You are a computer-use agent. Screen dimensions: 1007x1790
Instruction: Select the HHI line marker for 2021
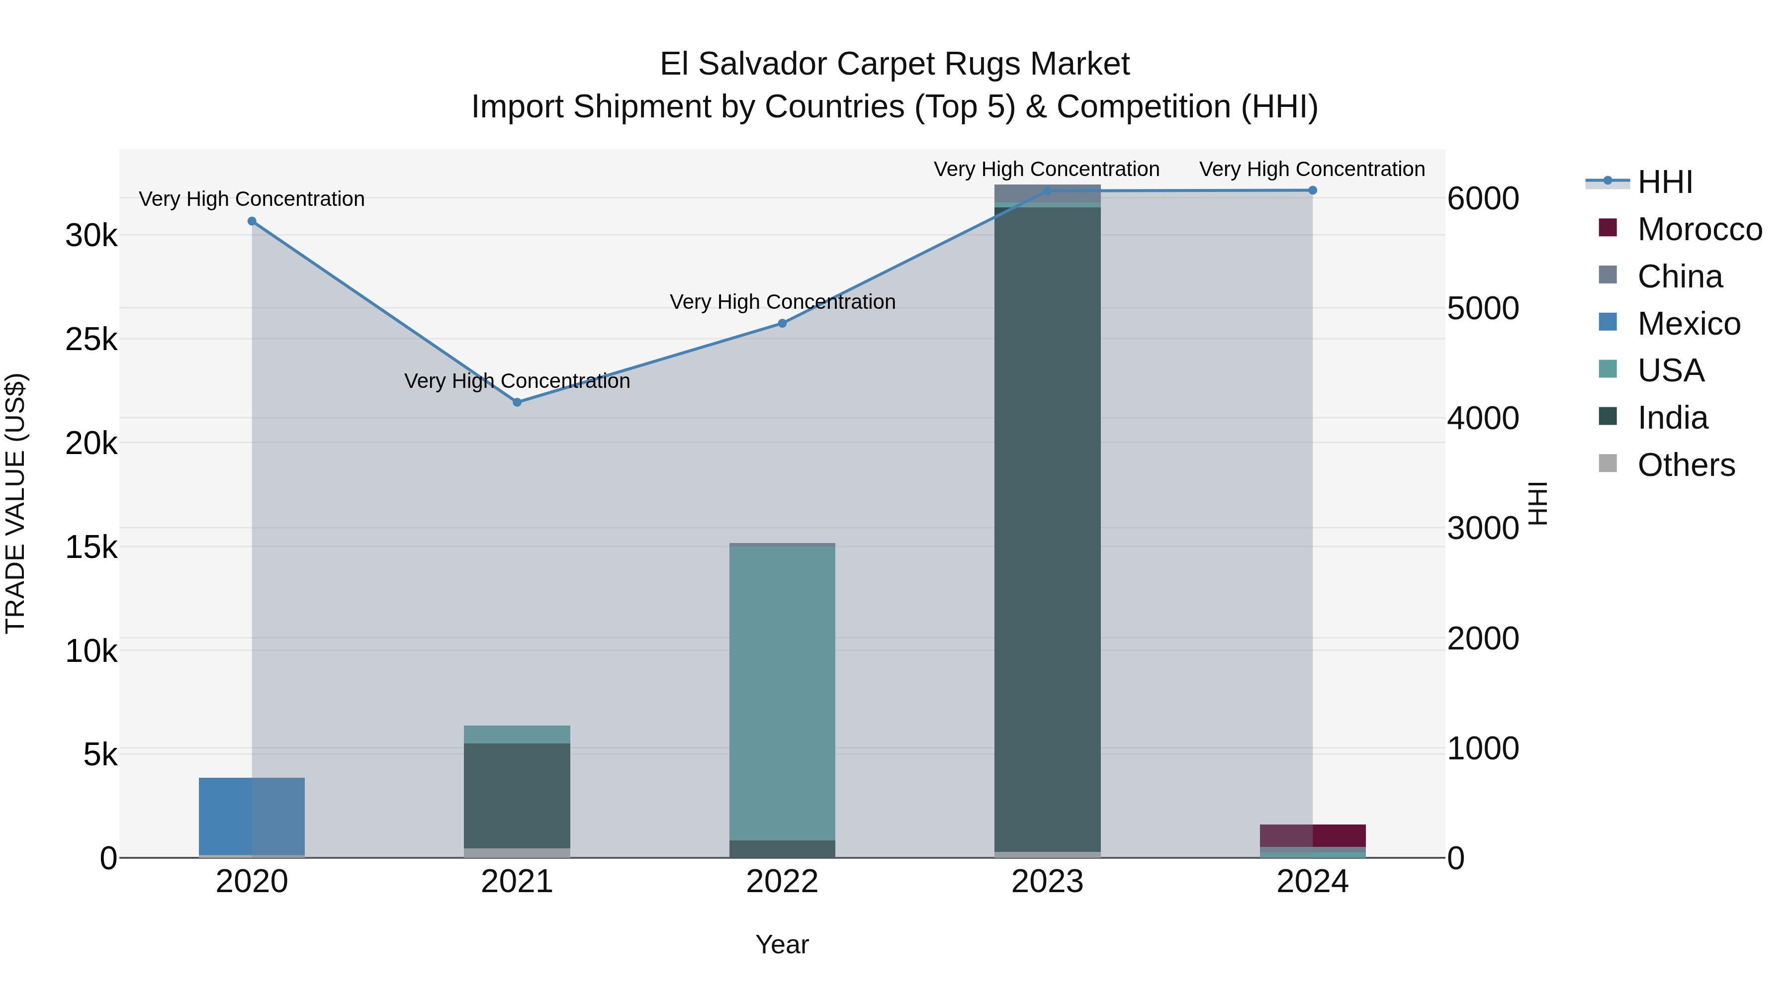click(x=517, y=402)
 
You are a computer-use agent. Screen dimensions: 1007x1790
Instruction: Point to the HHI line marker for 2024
click(x=1312, y=190)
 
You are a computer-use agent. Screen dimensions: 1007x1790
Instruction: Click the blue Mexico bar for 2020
click(x=252, y=817)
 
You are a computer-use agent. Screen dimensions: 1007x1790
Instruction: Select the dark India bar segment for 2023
click(x=1047, y=528)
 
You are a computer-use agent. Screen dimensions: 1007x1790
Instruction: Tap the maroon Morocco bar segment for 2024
click(x=1312, y=835)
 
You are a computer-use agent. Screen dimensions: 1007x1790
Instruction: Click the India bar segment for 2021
click(x=517, y=796)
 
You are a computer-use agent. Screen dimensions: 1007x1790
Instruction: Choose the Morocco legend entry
click(x=1699, y=229)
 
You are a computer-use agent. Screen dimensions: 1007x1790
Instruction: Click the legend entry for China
click(x=1680, y=276)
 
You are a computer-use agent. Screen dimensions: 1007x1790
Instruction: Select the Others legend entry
click(x=1686, y=465)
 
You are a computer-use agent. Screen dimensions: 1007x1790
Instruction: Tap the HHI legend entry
click(x=1665, y=182)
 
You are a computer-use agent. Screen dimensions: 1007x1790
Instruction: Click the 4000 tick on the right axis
click(x=1483, y=418)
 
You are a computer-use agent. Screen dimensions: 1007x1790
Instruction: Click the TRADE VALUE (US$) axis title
click(x=15, y=503)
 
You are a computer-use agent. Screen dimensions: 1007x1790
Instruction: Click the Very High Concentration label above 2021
click(x=517, y=381)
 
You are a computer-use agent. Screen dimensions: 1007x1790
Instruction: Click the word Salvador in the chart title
click(x=763, y=64)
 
